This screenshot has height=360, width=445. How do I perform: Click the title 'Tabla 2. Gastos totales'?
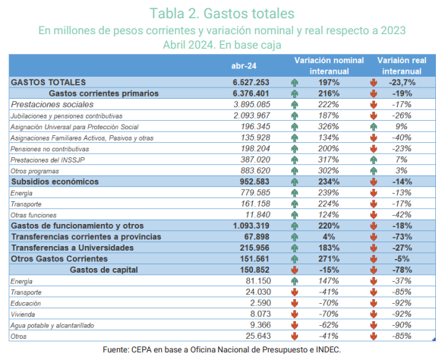[x=222, y=14]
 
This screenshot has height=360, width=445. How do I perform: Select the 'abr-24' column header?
[x=244, y=66]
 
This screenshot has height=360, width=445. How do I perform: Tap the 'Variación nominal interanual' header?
[x=329, y=65]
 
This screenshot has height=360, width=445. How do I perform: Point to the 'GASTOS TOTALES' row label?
[x=49, y=82]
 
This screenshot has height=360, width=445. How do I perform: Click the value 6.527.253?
[x=251, y=82]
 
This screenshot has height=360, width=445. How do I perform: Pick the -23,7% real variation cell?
[x=402, y=82]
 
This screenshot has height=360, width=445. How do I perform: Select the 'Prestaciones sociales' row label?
[x=52, y=105]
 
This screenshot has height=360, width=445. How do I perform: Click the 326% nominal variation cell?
[x=328, y=127]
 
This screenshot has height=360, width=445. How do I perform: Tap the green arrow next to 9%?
[x=374, y=127]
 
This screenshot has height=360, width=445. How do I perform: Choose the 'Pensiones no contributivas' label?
[x=49, y=149]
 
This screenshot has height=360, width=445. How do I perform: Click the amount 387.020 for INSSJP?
[x=255, y=159]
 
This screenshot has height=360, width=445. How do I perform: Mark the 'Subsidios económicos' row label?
[x=55, y=182]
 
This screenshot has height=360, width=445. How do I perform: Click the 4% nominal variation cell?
[x=329, y=237]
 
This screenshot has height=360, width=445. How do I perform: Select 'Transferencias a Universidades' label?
[x=72, y=248]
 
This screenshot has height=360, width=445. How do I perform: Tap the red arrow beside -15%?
[x=295, y=270]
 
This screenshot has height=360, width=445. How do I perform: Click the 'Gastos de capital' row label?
[x=104, y=270]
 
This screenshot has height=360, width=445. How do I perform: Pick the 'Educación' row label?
[x=26, y=304]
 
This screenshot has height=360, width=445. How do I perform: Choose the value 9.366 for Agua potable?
[x=260, y=325]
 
